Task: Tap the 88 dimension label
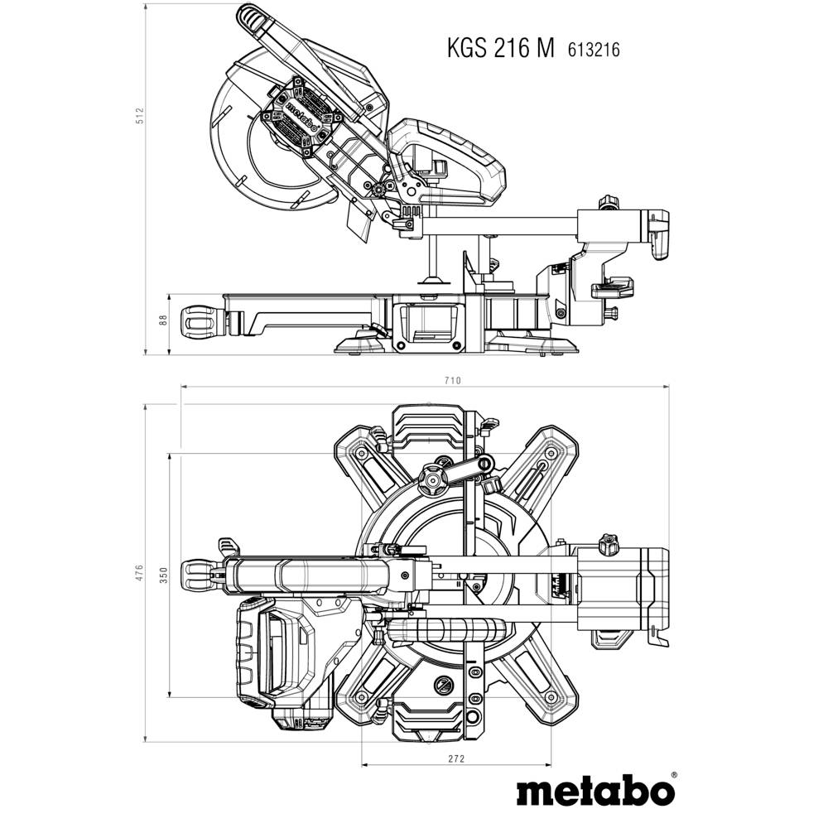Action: pos(164,320)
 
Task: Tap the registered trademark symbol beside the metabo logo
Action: pos(672,776)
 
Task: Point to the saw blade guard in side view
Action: pos(248,141)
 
